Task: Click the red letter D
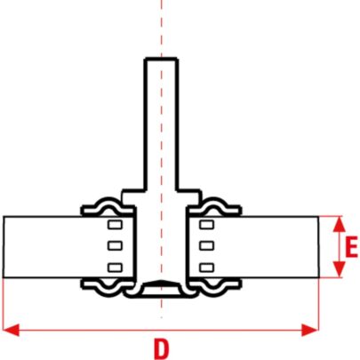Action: pyautogui.click(x=161, y=348)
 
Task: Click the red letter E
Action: pyautogui.click(x=351, y=247)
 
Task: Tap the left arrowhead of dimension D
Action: pyautogui.click(x=11, y=330)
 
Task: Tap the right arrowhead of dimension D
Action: pyautogui.click(x=310, y=330)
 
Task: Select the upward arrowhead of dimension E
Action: pyautogui.click(x=340, y=224)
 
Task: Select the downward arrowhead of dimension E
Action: pyautogui.click(x=340, y=269)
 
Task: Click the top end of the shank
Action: pyautogui.click(x=161, y=59)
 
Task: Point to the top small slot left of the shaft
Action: pyautogui.click(x=115, y=225)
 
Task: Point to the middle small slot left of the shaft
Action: pyautogui.click(x=115, y=245)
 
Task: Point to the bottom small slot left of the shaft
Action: pyautogui.click(x=115, y=268)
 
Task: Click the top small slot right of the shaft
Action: pyautogui.click(x=207, y=225)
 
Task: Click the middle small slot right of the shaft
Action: pyautogui.click(x=207, y=245)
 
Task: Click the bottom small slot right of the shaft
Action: pyautogui.click(x=207, y=268)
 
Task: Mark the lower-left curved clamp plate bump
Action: pyautogui.click(x=108, y=291)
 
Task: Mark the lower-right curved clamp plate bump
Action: pyautogui.click(x=214, y=291)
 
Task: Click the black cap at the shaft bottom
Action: pyautogui.click(x=161, y=283)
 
